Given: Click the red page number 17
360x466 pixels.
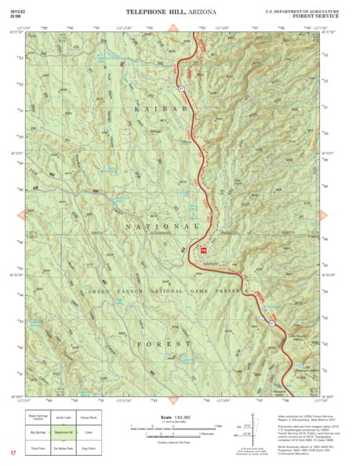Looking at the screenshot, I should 13,453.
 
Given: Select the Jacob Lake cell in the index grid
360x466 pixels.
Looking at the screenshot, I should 64,419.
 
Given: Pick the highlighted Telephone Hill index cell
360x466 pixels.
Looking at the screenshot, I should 64,432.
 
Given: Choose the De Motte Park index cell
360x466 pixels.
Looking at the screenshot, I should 64,446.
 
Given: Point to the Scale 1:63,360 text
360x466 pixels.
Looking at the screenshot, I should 176,417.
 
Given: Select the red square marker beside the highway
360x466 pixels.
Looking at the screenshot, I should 204,250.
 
